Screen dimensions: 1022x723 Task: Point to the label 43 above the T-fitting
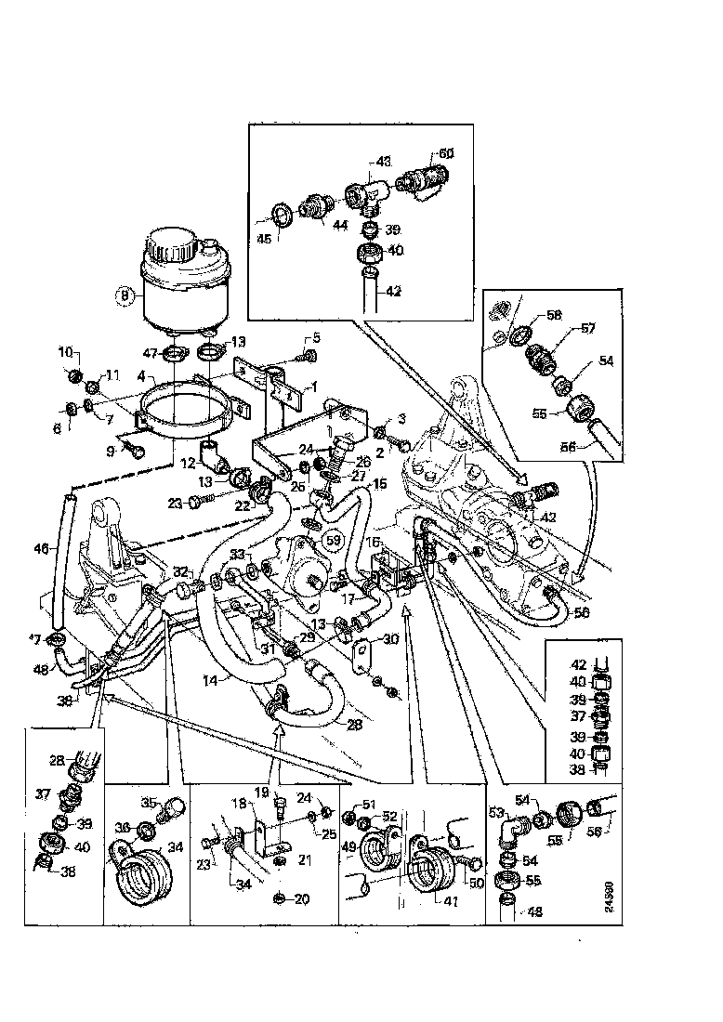pos(384,162)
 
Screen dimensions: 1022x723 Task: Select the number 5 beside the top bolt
pos(315,337)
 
